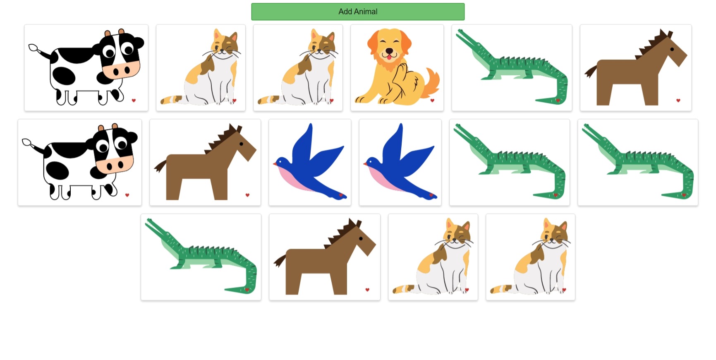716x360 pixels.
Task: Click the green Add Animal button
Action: pyautogui.click(x=357, y=12)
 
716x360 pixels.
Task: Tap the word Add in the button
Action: pyautogui.click(x=345, y=12)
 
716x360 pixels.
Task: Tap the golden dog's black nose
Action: pyautogui.click(x=389, y=51)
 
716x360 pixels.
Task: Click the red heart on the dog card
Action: pyautogui.click(x=432, y=100)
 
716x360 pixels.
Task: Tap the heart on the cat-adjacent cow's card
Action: pyautogui.click(x=134, y=100)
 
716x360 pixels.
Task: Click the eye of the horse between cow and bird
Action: pyautogui.click(x=241, y=144)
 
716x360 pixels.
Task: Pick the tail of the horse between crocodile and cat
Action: pyautogui.click(x=280, y=261)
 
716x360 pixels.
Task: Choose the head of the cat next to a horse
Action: pyautogui.click(x=457, y=234)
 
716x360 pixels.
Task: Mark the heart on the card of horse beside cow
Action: pyautogui.click(x=247, y=195)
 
